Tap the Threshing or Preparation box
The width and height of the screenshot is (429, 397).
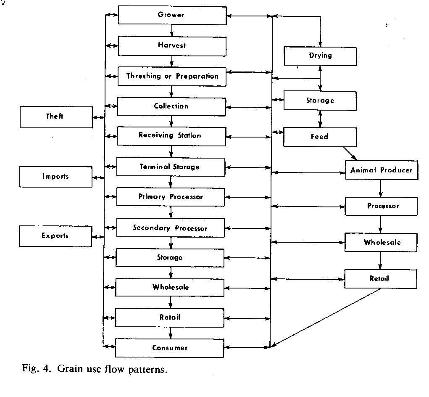point(172,77)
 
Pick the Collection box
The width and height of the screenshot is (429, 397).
point(171,106)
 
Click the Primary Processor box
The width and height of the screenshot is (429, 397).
point(171,197)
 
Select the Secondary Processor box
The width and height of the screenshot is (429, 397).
point(170,228)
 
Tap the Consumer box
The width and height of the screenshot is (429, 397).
point(170,348)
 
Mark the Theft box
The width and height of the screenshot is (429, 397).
point(56,117)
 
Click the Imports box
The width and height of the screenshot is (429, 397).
point(55,177)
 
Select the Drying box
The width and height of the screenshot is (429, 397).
point(320,56)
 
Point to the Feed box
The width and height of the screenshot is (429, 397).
point(320,137)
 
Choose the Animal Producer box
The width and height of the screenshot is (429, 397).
point(382,170)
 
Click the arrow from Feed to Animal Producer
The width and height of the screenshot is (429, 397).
point(350,154)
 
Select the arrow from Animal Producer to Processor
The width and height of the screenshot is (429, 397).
point(381,188)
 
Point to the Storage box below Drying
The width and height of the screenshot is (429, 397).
point(320,101)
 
